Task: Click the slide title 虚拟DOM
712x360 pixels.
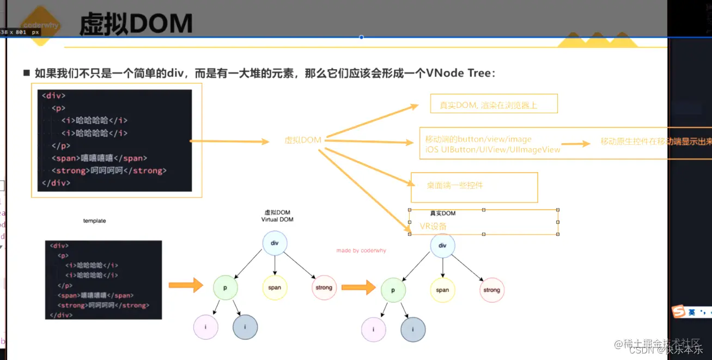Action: click(x=136, y=24)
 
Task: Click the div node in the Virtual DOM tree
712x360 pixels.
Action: click(x=275, y=243)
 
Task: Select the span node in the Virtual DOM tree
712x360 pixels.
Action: click(x=275, y=288)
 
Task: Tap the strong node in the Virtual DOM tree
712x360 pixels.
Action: click(x=324, y=288)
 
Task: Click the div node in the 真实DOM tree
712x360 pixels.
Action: click(x=442, y=246)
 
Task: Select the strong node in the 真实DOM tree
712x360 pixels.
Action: click(x=491, y=290)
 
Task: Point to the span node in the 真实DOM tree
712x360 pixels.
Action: click(x=442, y=290)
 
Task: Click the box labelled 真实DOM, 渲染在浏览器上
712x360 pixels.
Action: click(x=494, y=104)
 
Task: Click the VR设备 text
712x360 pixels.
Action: click(x=433, y=226)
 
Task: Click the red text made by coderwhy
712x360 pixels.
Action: click(x=361, y=251)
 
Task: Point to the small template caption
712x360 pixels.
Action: click(x=94, y=221)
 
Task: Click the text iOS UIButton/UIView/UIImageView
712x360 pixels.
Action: click(x=493, y=149)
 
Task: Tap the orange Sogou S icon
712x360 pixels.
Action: click(x=678, y=312)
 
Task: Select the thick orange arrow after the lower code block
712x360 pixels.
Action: click(x=185, y=285)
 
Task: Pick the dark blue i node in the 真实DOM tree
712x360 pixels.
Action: click(x=413, y=330)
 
